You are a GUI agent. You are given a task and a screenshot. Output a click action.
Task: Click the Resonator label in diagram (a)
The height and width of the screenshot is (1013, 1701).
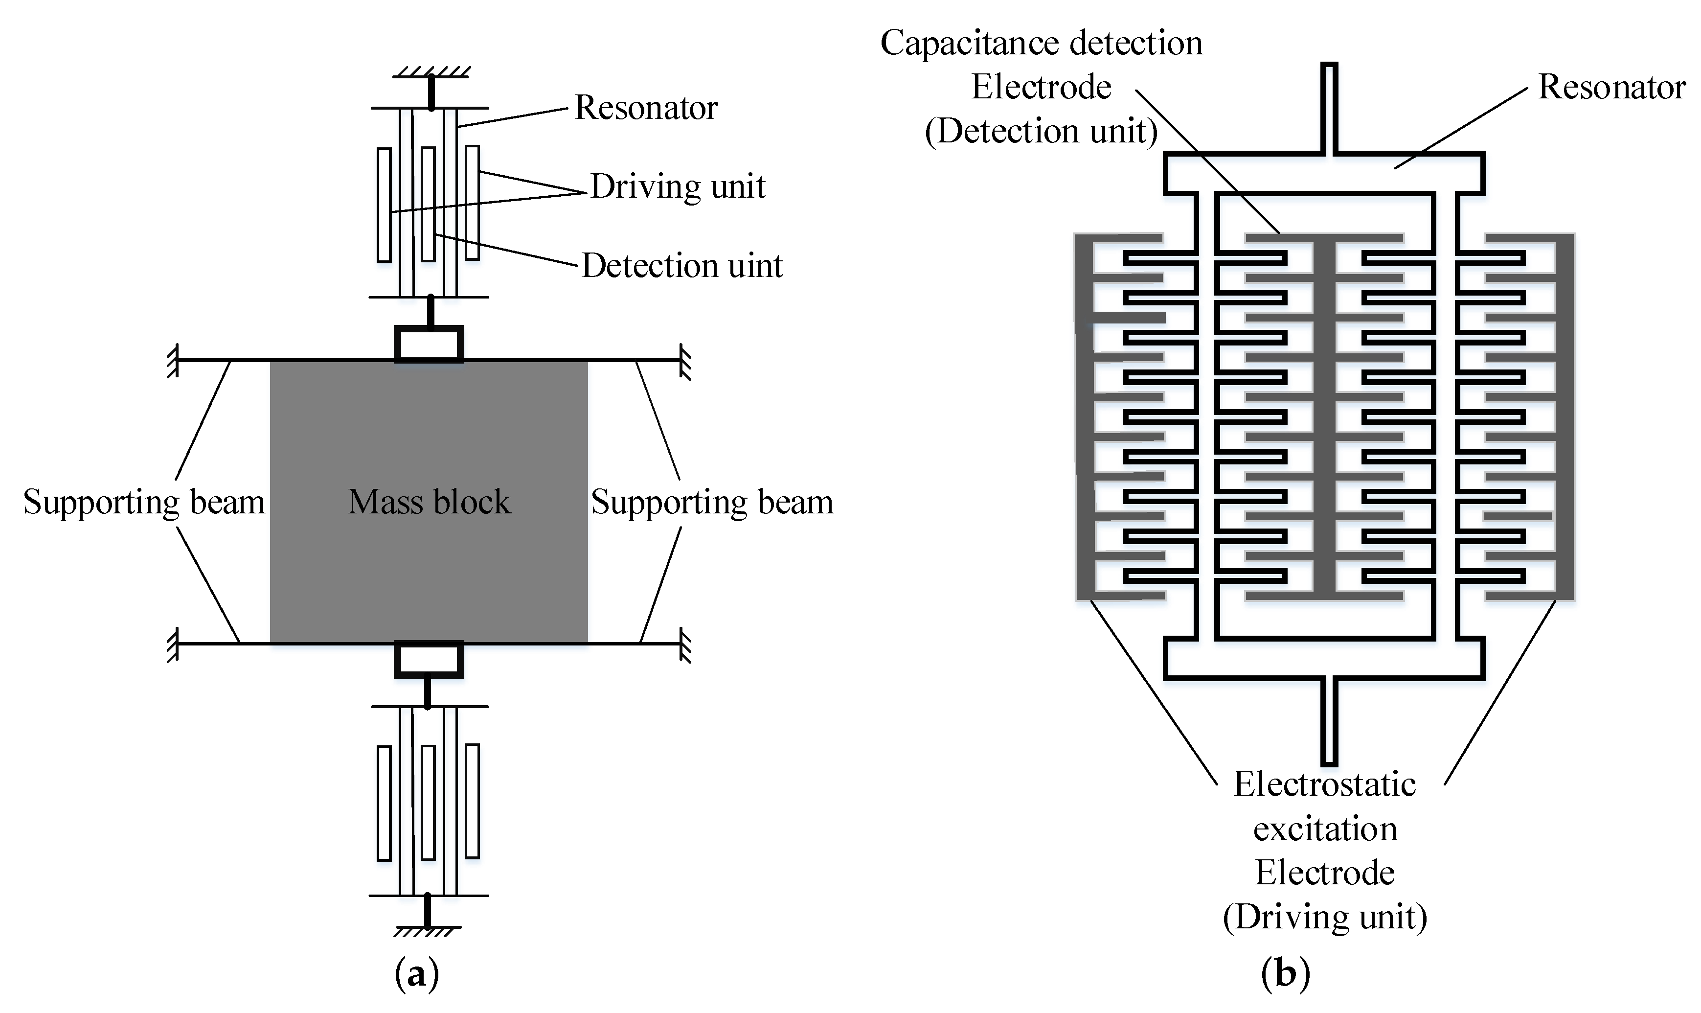click(645, 108)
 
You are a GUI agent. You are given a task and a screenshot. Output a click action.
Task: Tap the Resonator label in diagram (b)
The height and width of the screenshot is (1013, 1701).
click(1611, 88)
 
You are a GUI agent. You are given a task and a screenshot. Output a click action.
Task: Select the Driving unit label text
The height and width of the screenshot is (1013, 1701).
click(677, 186)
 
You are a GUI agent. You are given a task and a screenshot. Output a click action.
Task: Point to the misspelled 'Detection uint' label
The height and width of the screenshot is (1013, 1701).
click(681, 266)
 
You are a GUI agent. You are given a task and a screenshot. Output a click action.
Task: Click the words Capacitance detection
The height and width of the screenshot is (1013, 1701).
click(1041, 43)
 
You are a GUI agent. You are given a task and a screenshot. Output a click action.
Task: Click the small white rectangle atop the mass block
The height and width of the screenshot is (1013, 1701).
click(429, 344)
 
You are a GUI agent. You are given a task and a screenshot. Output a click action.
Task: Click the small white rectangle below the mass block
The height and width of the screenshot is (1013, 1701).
click(429, 659)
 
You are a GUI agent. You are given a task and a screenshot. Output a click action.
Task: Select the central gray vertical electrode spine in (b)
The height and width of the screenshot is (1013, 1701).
click(1324, 416)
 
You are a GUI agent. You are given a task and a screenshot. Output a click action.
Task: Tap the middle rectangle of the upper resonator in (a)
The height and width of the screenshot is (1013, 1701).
click(428, 204)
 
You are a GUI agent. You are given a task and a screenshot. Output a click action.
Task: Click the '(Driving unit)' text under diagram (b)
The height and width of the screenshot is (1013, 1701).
click(1324, 917)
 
